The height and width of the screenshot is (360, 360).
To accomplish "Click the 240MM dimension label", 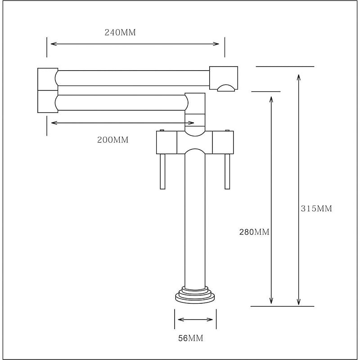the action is [x=120, y=32].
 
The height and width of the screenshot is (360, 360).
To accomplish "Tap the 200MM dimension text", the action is [x=113, y=140].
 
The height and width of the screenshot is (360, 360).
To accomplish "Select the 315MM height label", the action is [x=316, y=208].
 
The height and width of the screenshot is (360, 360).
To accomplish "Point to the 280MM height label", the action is [x=254, y=232].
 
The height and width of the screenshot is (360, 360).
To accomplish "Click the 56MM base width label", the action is [x=191, y=338].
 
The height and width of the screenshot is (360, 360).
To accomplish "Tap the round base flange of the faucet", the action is [x=195, y=295].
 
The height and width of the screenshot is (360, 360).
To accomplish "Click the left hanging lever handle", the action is [x=162, y=171].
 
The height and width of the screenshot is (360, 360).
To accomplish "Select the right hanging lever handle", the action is [x=227, y=171].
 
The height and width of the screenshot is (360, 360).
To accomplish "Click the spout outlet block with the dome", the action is [x=224, y=79].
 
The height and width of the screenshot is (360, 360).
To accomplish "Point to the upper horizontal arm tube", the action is [x=133, y=78].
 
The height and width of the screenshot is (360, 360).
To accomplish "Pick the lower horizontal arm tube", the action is [x=121, y=103].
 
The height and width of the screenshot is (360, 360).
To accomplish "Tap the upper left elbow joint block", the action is [x=48, y=79].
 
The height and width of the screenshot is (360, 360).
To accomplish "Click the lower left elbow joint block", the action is [x=48, y=102].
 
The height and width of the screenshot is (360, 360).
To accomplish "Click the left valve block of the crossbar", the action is [x=166, y=142].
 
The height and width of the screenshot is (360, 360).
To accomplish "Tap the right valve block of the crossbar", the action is [x=223, y=142].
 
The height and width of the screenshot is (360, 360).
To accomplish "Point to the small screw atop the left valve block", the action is [x=162, y=130].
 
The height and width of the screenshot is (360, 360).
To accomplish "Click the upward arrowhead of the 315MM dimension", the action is [x=298, y=77].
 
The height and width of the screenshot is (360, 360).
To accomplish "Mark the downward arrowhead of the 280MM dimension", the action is [x=271, y=301].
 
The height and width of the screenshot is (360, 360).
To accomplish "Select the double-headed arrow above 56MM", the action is [x=195, y=319].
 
